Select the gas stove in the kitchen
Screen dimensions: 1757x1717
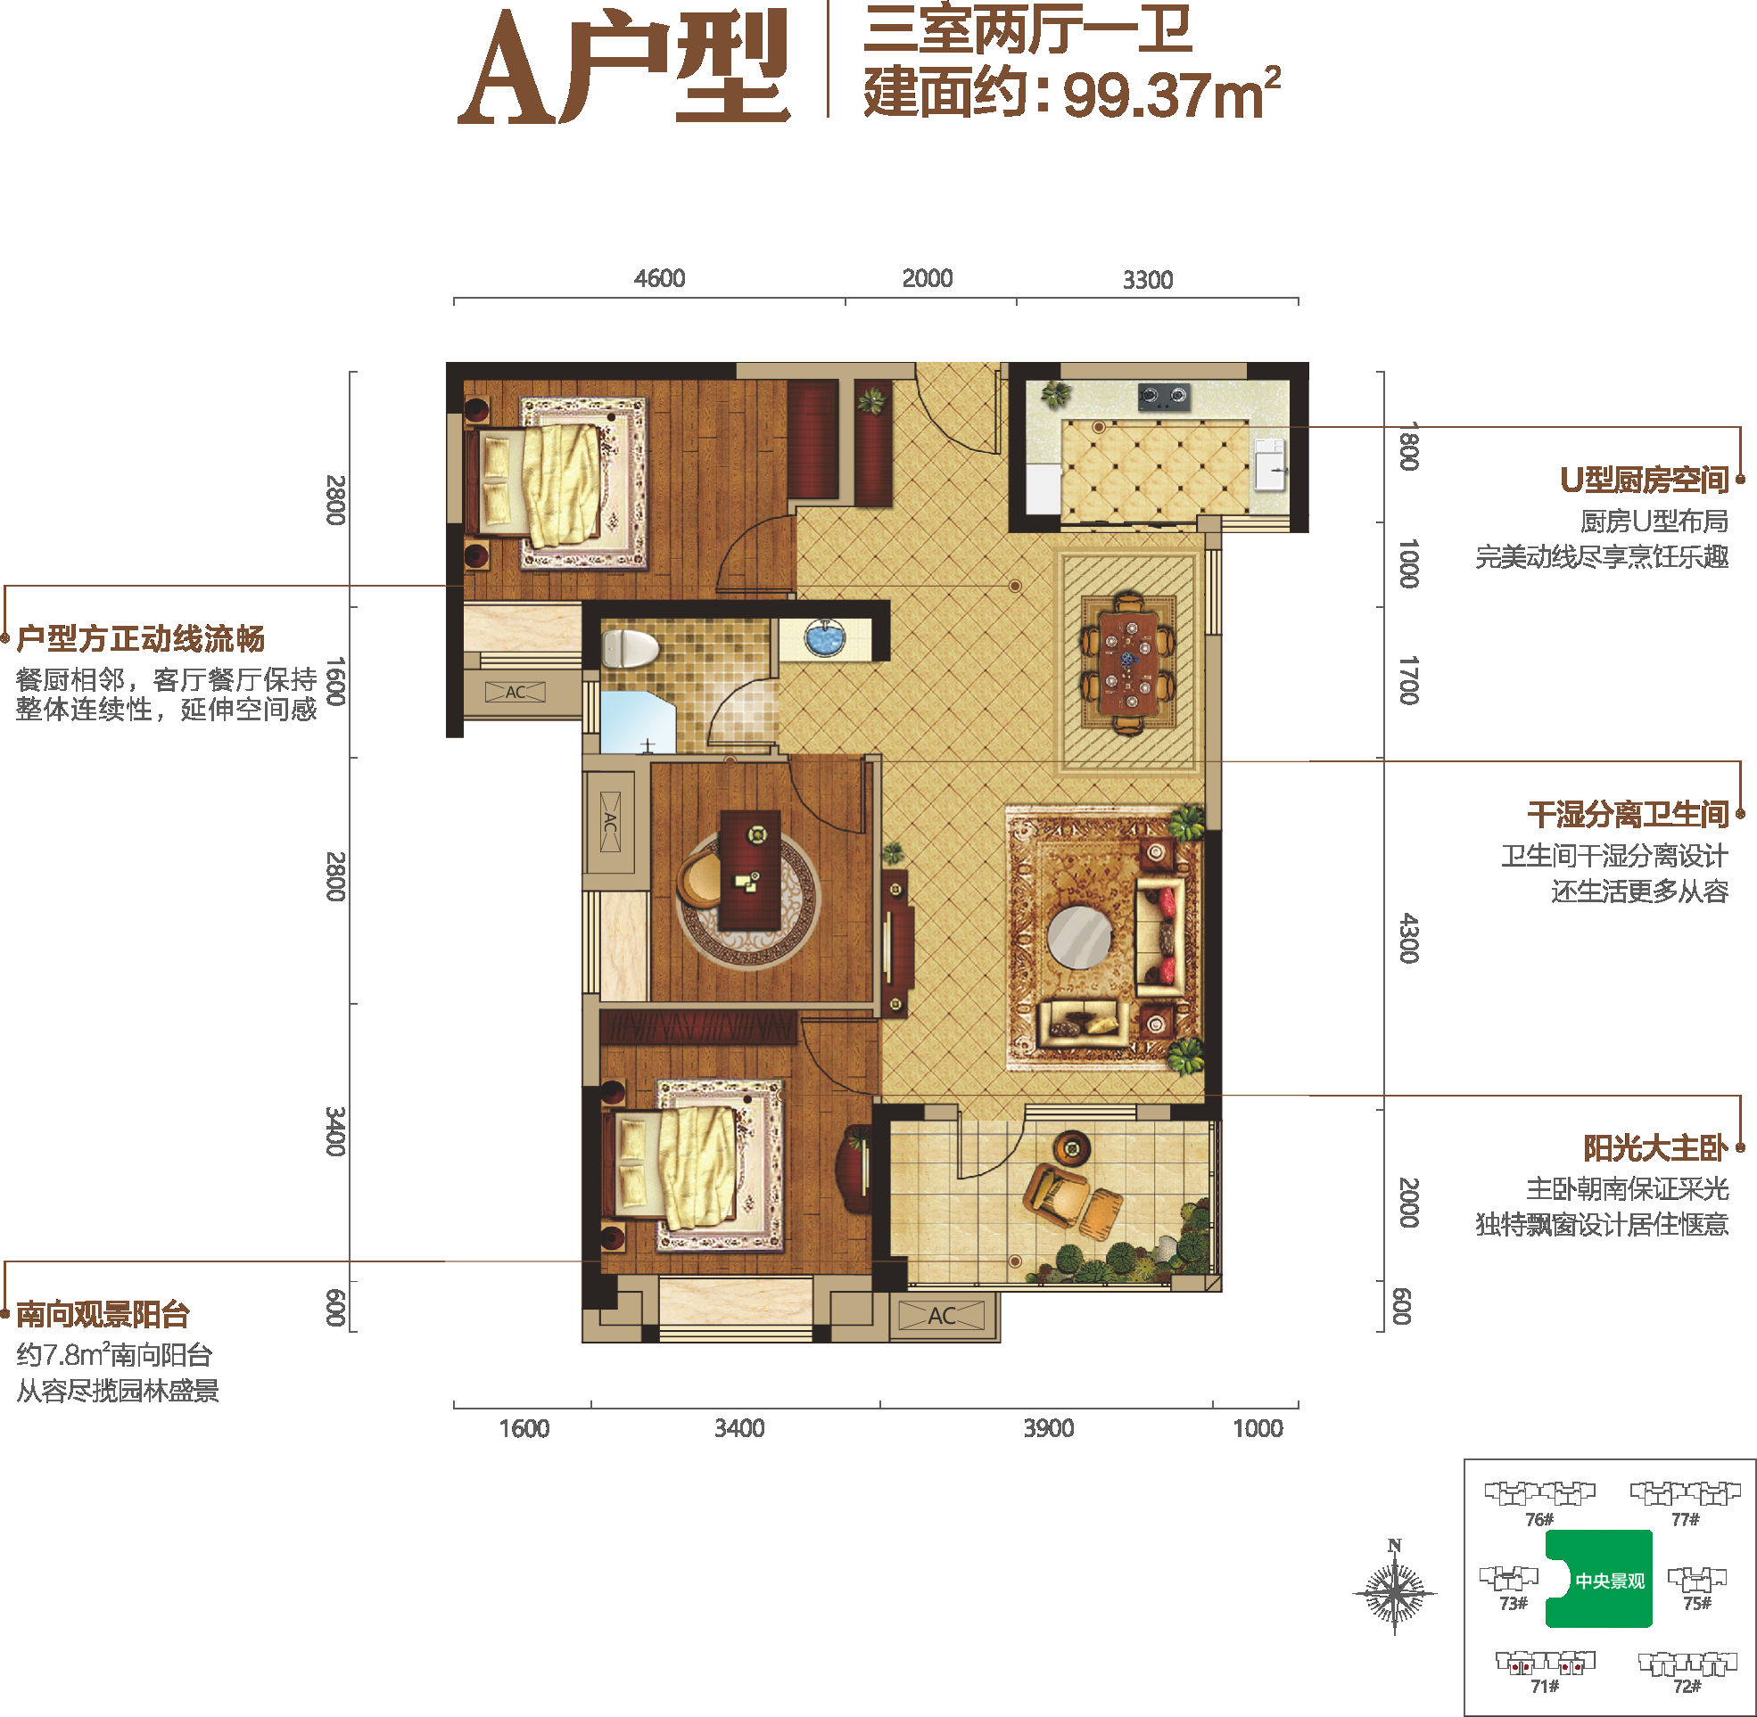[1163, 395]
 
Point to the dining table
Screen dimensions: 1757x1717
[1127, 661]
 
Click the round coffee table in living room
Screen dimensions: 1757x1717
[1079, 937]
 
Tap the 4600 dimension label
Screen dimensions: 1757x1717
[659, 278]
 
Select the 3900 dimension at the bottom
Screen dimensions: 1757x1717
[1048, 1427]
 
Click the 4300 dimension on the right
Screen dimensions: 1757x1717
[1409, 938]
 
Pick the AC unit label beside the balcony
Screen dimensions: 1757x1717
[942, 1316]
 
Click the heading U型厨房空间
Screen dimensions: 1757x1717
[1645, 480]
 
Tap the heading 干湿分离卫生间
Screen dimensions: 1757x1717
[1628, 814]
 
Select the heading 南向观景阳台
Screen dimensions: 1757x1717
[103, 1314]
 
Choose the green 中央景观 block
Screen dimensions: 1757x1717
[1599, 1579]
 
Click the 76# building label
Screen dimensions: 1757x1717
[1539, 1519]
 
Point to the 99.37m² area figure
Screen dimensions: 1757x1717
[1172, 92]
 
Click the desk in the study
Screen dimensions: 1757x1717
[749, 869]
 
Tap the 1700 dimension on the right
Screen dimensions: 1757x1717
[1409, 681]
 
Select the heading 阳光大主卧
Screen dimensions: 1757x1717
[1656, 1148]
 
